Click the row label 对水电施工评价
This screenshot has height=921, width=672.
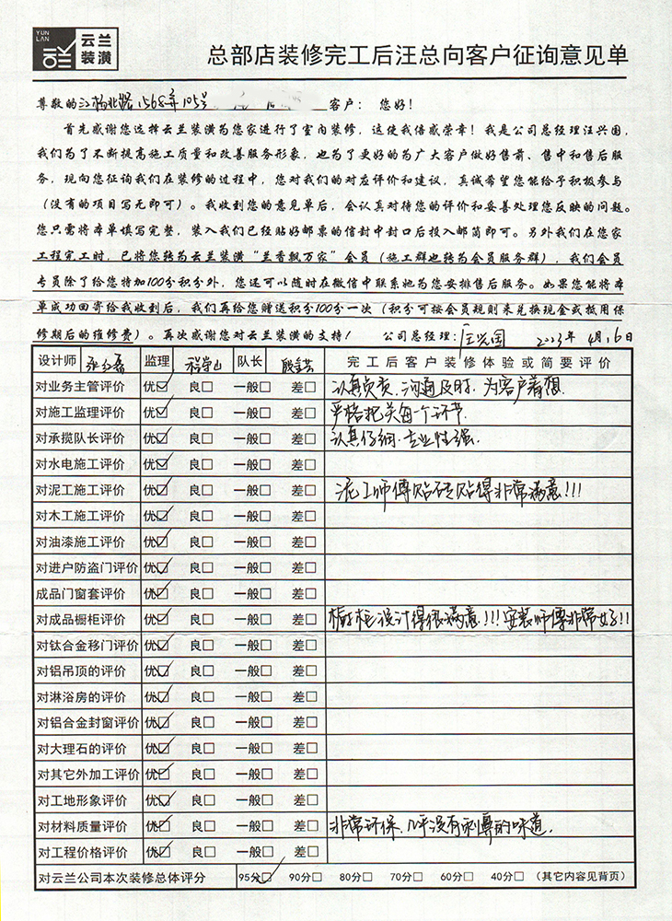tap(80, 463)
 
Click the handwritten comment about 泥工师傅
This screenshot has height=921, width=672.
tap(460, 488)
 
